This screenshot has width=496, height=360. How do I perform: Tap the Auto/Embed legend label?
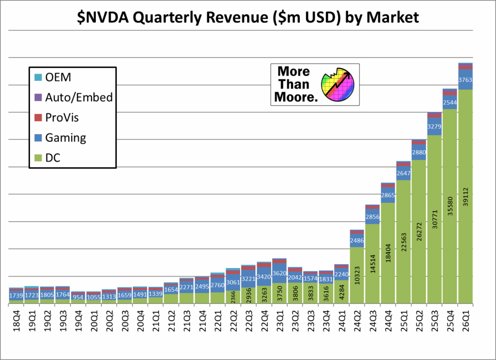pyautogui.click(x=79, y=97)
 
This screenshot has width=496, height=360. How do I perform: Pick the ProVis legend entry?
pyautogui.click(x=62, y=118)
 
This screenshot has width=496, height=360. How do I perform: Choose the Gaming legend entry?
pyautogui.click(x=65, y=138)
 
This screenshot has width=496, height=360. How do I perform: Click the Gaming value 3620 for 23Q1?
pyautogui.click(x=279, y=273)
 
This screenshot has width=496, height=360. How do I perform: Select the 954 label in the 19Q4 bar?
pyautogui.click(x=78, y=297)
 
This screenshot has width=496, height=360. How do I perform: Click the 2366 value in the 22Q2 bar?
pyautogui.click(x=233, y=297)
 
